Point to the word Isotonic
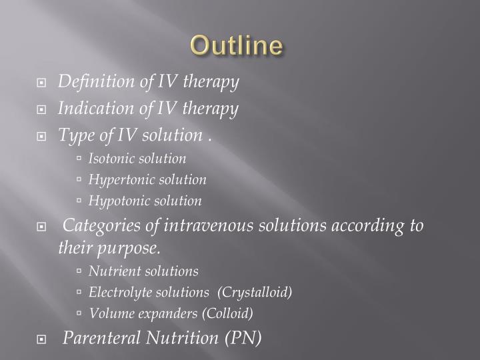pyautogui.click(x=111, y=159)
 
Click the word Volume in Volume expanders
pyautogui.click(x=108, y=313)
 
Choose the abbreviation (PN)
pyautogui.click(x=241, y=338)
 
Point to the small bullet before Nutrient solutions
pyautogui.click(x=79, y=272)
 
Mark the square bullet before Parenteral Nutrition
pyautogui.click(x=42, y=339)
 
